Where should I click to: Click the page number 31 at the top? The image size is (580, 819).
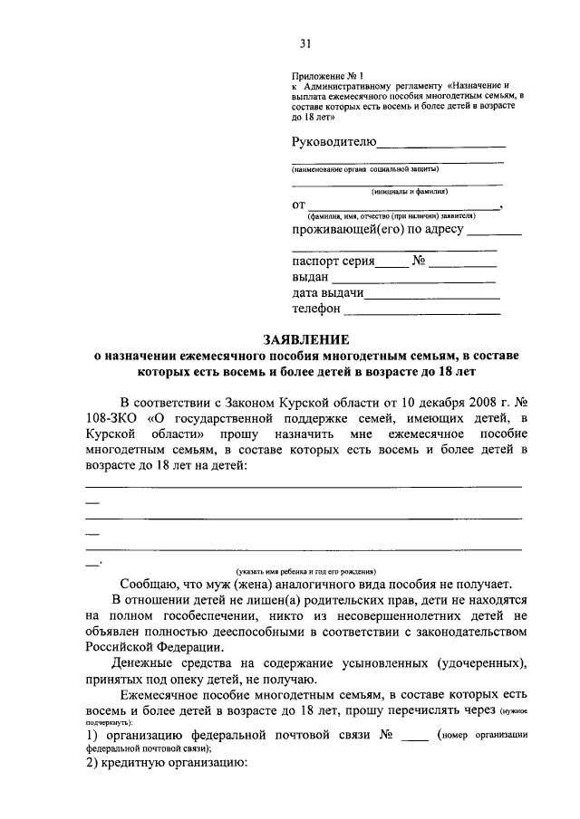[x=305, y=43]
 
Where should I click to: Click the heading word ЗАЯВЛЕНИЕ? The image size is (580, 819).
[x=305, y=339]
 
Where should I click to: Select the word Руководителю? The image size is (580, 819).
[x=333, y=141]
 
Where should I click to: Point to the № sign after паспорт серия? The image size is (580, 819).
[x=419, y=262]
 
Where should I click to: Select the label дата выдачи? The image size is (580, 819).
[x=328, y=293]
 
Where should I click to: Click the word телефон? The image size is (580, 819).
[x=316, y=310]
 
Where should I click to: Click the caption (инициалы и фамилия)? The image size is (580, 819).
[x=409, y=191]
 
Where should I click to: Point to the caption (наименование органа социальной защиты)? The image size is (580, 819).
[x=365, y=169]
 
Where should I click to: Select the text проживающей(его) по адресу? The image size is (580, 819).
[x=378, y=230]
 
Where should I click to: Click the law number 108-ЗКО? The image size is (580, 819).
[x=110, y=417]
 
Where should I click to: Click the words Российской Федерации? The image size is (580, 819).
[x=150, y=647]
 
